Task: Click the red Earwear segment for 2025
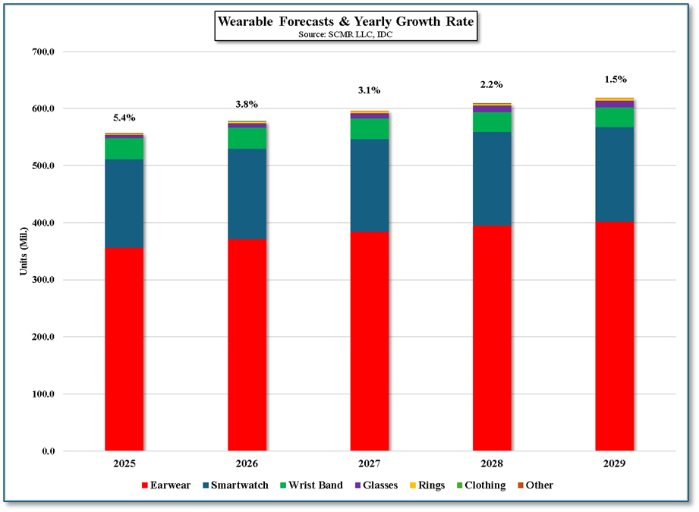[x=124, y=349]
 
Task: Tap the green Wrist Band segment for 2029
[x=614, y=117]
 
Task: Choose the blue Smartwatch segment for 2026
[x=247, y=193]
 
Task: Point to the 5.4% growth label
[x=124, y=118]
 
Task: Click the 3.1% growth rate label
[x=370, y=90]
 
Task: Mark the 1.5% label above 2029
[x=614, y=79]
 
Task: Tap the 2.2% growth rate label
[x=492, y=84]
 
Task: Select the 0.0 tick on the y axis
[x=47, y=451]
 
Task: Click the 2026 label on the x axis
[x=247, y=463]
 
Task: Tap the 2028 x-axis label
[x=492, y=463]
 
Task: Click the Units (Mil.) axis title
[x=25, y=251]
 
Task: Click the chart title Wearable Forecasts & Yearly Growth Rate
[x=345, y=21]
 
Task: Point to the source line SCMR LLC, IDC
[x=345, y=34]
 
